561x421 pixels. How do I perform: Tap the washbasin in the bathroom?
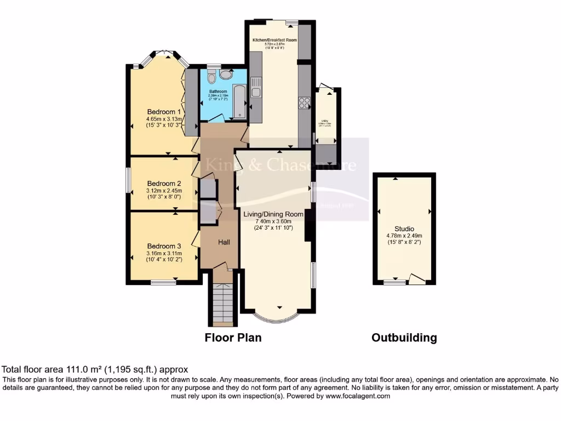226,75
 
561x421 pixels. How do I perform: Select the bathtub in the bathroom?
239,102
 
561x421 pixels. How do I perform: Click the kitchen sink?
256,88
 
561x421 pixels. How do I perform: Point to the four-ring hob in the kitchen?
304,103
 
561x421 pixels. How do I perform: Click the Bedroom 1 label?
164,112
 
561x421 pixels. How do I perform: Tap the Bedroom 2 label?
164,183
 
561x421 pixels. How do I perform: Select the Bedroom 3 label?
164,247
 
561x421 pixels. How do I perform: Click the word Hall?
225,242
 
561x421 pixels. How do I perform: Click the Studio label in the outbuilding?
404,229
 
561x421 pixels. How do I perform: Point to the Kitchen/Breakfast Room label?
274,41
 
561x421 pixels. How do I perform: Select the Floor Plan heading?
233,338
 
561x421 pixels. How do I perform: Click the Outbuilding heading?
404,338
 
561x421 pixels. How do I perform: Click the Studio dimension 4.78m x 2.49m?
404,236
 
